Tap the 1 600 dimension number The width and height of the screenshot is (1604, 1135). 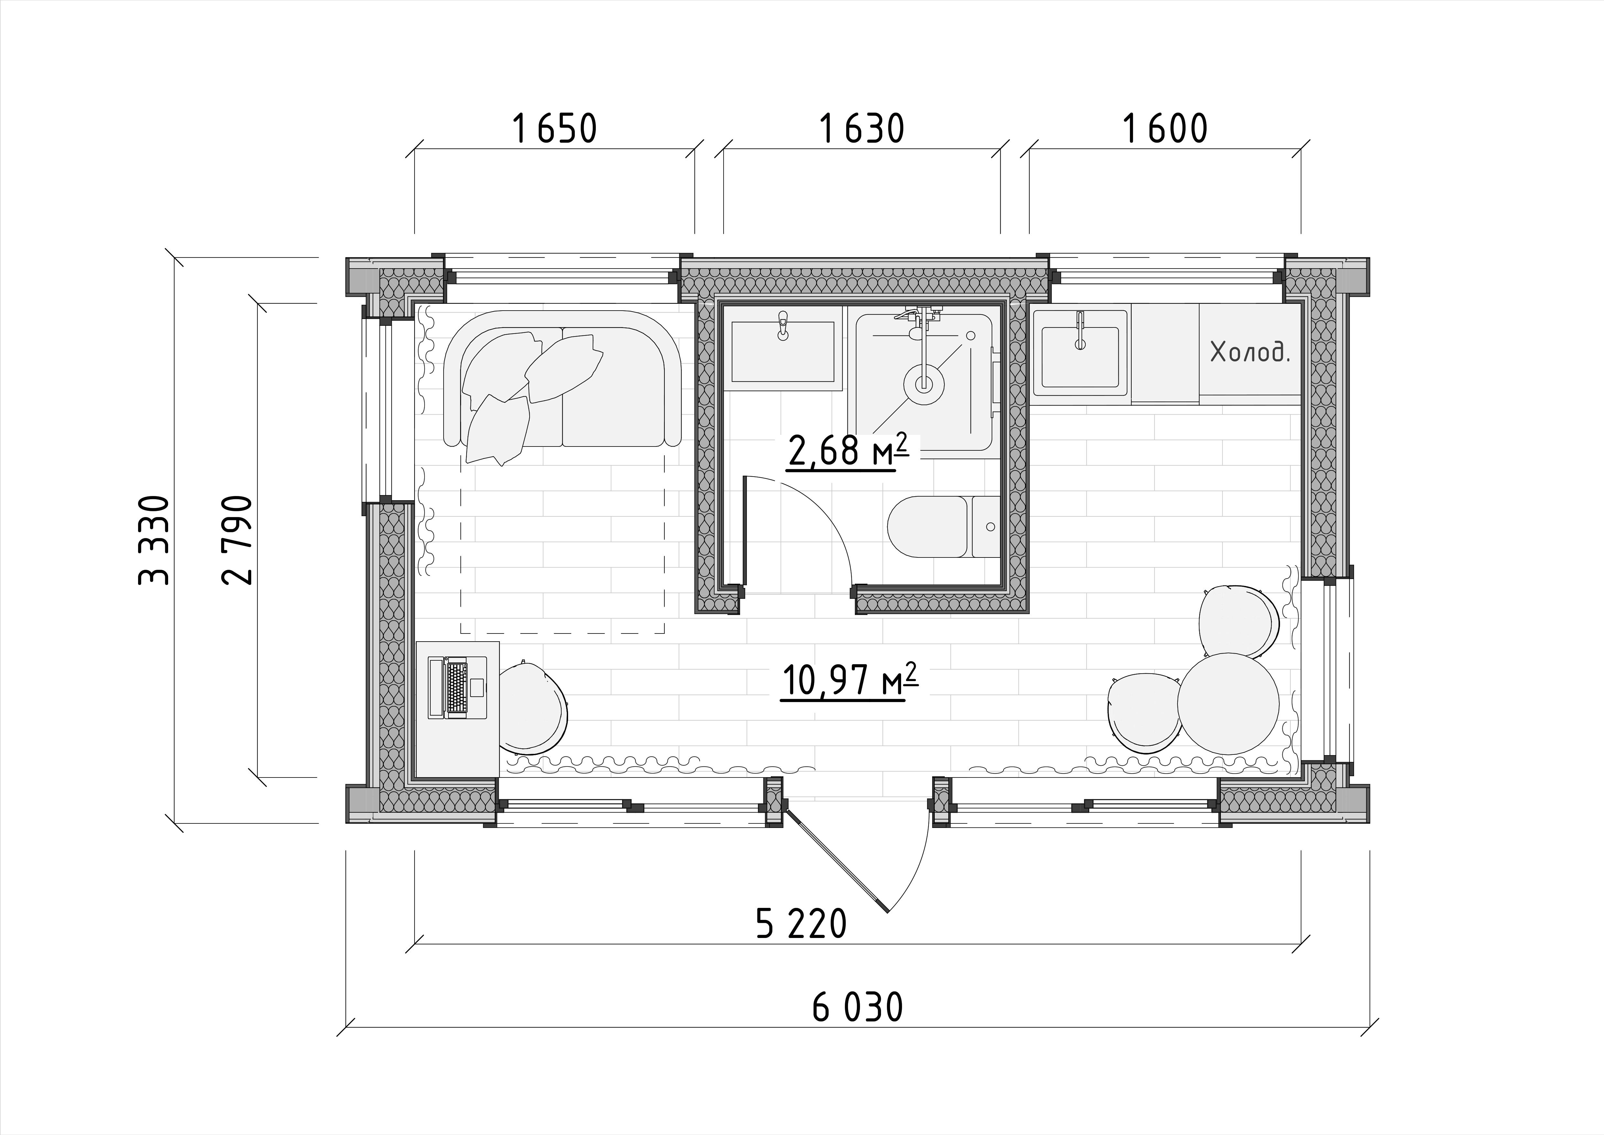(1165, 129)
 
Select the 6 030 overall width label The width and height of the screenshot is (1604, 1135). (858, 1008)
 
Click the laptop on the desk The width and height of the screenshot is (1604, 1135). (456, 686)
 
